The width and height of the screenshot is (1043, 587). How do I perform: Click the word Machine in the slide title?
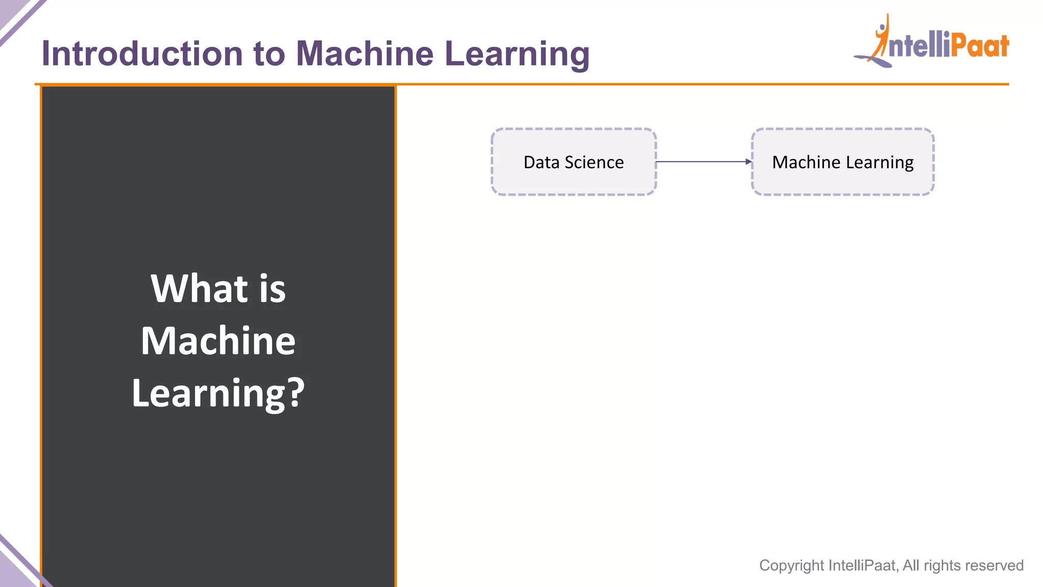(365, 54)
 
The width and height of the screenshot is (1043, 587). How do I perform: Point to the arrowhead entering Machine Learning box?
(749, 162)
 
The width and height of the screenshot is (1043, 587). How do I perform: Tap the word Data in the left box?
(541, 162)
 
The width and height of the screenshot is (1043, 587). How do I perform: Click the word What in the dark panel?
(199, 288)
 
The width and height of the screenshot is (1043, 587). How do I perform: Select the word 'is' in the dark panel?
(272, 288)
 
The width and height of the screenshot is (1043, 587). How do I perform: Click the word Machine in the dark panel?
(218, 341)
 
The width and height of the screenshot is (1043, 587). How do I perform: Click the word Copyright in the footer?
(791, 566)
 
